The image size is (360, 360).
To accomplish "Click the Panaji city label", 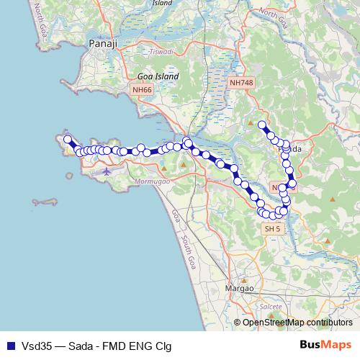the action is (x=99, y=43).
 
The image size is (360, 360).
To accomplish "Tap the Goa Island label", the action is (x=158, y=76).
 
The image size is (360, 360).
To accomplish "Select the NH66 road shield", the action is (x=142, y=90).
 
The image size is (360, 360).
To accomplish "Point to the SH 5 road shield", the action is (x=271, y=228).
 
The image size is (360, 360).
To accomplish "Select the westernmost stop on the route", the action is (x=68, y=140).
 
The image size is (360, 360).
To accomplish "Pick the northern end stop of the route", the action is (x=262, y=125).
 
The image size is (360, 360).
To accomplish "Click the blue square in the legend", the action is (x=11, y=345).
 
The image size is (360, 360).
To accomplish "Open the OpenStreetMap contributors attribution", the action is (x=297, y=323).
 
